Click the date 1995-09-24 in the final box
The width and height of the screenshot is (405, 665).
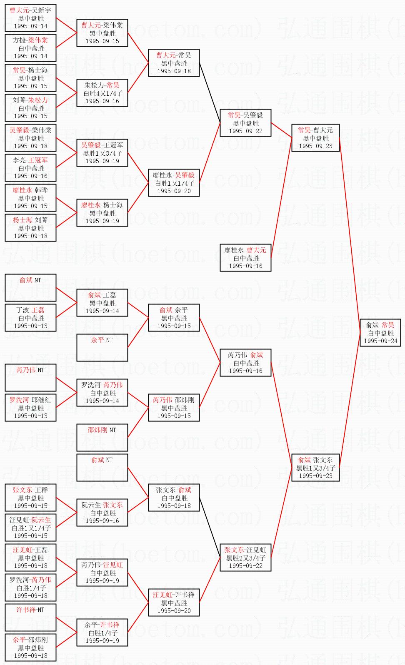(380, 341)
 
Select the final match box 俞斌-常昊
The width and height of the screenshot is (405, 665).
(380, 333)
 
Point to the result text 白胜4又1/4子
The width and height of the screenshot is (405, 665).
(102, 94)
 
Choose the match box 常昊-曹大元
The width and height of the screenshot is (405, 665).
(315, 138)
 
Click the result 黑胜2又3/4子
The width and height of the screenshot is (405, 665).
(245, 558)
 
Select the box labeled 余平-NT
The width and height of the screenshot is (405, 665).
(102, 348)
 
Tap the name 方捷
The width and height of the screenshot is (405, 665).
(19, 40)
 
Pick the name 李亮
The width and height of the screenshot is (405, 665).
(19, 160)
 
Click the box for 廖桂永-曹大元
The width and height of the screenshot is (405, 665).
(245, 258)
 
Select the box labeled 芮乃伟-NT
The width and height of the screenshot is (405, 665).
(30, 378)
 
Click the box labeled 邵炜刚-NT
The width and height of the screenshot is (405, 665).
(102, 438)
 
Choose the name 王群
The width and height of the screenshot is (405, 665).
(41, 490)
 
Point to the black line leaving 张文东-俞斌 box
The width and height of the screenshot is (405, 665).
(210, 521)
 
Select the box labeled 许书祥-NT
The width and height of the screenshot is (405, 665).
(30, 618)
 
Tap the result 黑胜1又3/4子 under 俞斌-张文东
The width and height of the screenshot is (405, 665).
(315, 468)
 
